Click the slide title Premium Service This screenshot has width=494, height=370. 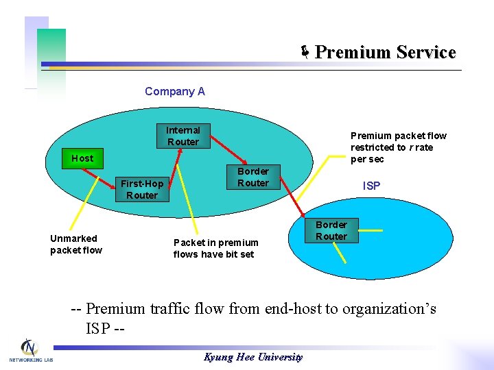(385, 53)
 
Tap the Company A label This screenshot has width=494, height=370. (175, 91)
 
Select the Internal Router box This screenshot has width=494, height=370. (183, 136)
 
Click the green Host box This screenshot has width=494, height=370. (82, 158)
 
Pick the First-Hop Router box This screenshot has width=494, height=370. (141, 189)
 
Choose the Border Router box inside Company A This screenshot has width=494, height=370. (252, 177)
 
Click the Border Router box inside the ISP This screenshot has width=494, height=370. (331, 230)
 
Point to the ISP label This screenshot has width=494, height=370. (371, 186)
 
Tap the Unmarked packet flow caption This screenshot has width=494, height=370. (75, 244)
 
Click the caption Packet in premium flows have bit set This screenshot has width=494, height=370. (215, 248)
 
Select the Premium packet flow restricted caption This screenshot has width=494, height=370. (398, 147)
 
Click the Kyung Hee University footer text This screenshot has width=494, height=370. (253, 357)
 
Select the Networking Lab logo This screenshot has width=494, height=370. (30, 350)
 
